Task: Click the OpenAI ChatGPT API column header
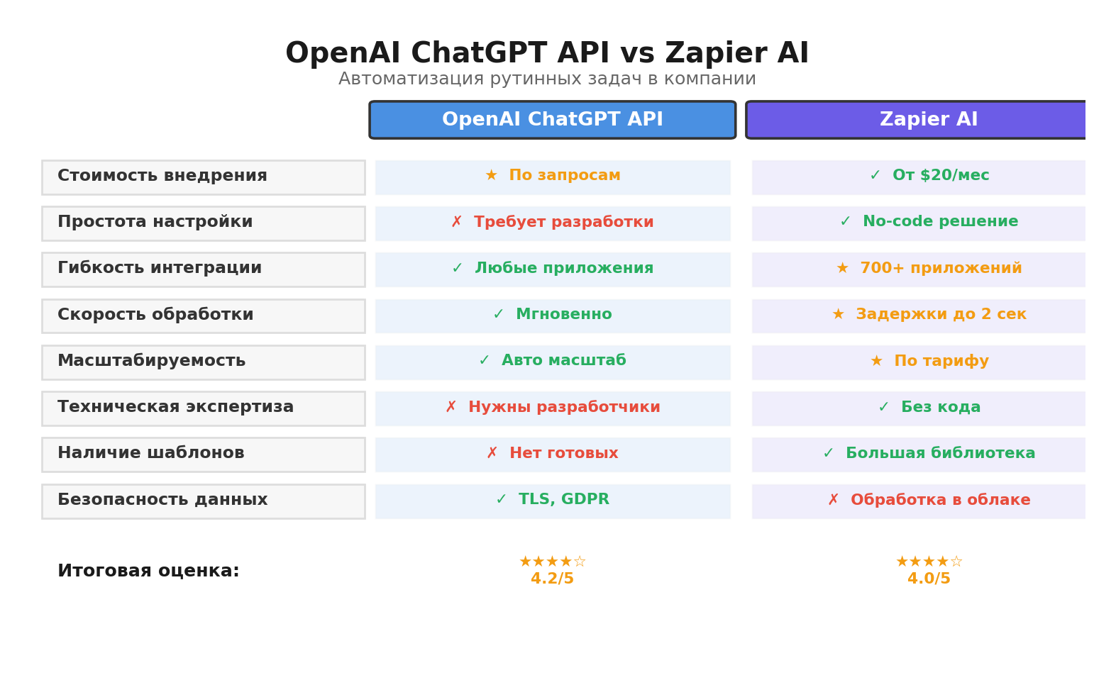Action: tap(552, 120)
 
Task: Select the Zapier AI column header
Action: tap(928, 120)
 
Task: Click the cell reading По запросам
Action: tap(553, 177)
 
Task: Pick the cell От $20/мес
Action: tap(928, 177)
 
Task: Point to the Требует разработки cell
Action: tap(553, 223)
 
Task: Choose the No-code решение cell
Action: tap(928, 223)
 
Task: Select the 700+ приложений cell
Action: tap(928, 269)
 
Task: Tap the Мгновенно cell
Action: tap(553, 315)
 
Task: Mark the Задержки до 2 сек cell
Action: tap(928, 315)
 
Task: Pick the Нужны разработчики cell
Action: tap(553, 408)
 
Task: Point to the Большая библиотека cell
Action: tap(928, 454)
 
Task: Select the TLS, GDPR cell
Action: tap(553, 501)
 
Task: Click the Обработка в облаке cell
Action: tap(928, 501)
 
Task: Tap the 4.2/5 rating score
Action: tap(552, 579)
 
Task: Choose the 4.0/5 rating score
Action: tap(928, 579)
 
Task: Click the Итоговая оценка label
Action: tap(148, 571)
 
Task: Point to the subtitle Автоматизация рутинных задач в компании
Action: tap(547, 79)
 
